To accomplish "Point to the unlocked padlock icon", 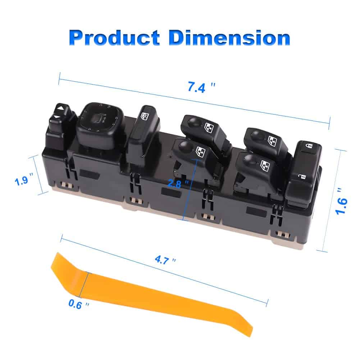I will (x=302, y=177).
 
